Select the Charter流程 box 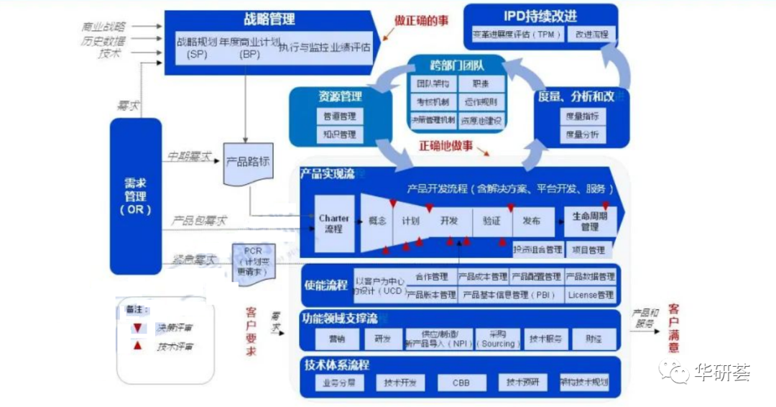(x=334, y=223)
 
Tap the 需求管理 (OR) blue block (x=135, y=196)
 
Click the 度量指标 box (x=583, y=116)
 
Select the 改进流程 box (x=591, y=34)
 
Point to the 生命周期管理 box (x=590, y=221)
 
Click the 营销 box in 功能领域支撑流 (x=337, y=339)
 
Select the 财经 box (x=593, y=339)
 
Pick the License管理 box (x=591, y=294)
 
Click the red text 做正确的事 (x=422, y=21)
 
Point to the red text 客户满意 (x=673, y=328)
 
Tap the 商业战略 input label (x=103, y=27)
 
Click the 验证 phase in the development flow (x=491, y=221)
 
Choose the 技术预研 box (x=522, y=383)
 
